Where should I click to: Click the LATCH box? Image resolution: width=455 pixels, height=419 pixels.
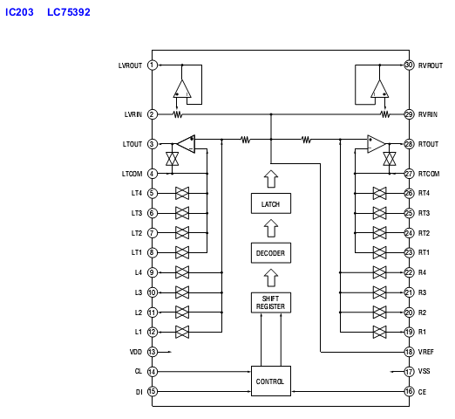pyautogui.click(x=271, y=203)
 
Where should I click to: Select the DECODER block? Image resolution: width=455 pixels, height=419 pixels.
pyautogui.click(x=271, y=253)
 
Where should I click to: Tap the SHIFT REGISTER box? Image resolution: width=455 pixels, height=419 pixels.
pyautogui.click(x=271, y=303)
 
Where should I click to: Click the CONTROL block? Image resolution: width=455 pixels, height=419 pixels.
pyautogui.click(x=271, y=381)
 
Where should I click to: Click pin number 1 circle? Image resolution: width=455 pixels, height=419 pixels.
pyautogui.click(x=153, y=65)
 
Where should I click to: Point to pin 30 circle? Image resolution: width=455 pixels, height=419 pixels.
pyautogui.click(x=409, y=65)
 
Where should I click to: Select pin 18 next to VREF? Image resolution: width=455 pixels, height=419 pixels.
pyautogui.click(x=409, y=352)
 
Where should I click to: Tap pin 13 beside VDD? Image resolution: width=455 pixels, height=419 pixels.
pyautogui.click(x=153, y=352)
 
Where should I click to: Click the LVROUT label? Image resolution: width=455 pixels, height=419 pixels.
pyautogui.click(x=130, y=65)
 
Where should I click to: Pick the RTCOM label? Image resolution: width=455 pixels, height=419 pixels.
pyautogui.click(x=429, y=174)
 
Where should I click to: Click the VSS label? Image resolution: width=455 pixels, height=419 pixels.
pyautogui.click(x=424, y=371)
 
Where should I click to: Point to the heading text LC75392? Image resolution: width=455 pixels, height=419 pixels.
pyautogui.click(x=69, y=12)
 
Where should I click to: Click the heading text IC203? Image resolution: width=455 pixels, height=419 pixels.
pyautogui.click(x=19, y=12)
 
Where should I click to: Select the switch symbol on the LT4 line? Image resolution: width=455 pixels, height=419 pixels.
pyautogui.click(x=182, y=193)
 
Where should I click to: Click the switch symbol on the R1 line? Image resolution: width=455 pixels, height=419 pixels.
pyautogui.click(x=379, y=332)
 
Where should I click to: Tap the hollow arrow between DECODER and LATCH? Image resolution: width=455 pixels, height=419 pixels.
pyautogui.click(x=271, y=228)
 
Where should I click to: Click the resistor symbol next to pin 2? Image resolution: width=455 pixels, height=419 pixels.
pyautogui.click(x=178, y=114)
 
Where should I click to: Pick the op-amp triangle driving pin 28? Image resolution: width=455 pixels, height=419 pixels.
pyautogui.click(x=376, y=144)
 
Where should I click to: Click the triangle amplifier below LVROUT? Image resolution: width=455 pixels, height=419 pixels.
pyautogui.click(x=182, y=88)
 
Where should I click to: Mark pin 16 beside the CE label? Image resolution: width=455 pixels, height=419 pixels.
pyautogui.click(x=409, y=391)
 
